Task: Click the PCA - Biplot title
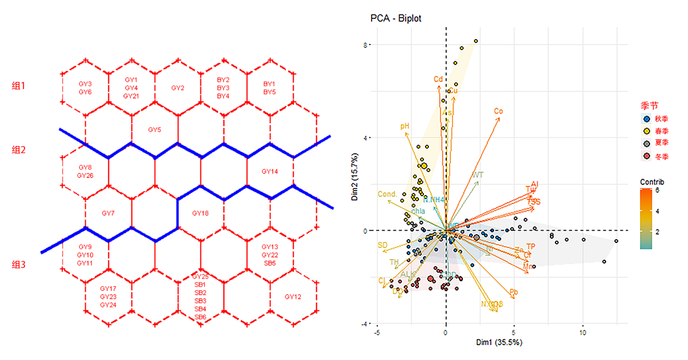click(396, 18)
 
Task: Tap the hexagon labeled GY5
click(154, 130)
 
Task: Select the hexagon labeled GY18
click(200, 213)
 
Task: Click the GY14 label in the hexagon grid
click(270, 172)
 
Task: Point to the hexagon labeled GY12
click(292, 296)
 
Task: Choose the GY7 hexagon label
click(108, 213)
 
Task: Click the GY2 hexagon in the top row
click(178, 88)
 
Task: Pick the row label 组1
click(19, 86)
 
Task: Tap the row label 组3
click(19, 265)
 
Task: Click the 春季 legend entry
click(661, 132)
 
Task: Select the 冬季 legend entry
click(661, 157)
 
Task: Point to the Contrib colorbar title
click(652, 182)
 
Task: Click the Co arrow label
click(498, 111)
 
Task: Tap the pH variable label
click(405, 127)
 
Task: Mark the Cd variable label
click(438, 80)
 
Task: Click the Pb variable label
click(514, 292)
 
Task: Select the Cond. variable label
click(387, 194)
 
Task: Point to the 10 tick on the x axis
click(583, 333)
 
